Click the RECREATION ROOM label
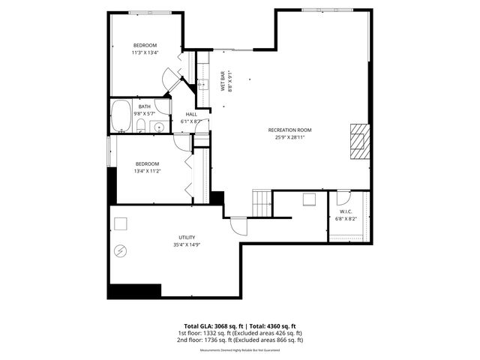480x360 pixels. point(289,130)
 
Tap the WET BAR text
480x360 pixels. point(222,81)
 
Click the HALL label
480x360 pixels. point(191,114)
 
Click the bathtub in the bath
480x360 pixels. point(121,117)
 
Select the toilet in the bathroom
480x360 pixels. point(141,126)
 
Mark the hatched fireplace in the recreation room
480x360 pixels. point(360,139)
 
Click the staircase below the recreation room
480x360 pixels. point(261,202)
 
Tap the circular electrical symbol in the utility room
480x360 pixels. point(118,251)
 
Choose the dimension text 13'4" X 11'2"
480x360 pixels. point(147,171)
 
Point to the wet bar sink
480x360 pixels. point(201,85)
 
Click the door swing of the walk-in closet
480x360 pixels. point(343,198)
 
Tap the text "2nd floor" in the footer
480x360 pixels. point(190,340)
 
